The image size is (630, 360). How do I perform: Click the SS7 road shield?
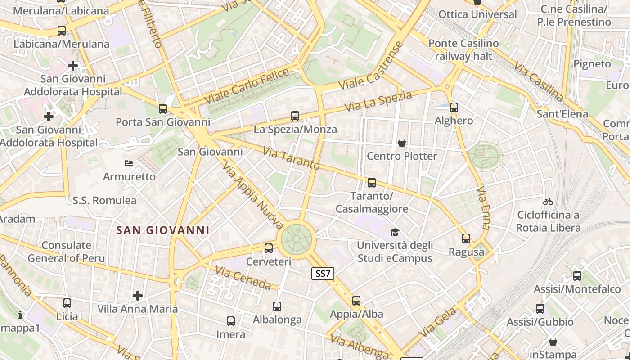pos(323,273)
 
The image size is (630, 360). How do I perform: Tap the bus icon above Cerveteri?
pos(269,248)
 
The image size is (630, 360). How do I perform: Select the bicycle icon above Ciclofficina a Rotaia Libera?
pos(548,202)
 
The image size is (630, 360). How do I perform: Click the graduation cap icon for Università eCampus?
pos(395,232)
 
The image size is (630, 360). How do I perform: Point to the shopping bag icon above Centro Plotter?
pos(402,143)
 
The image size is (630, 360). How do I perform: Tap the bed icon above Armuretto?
pos(129,163)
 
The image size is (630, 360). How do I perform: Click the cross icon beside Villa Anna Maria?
pos(138,296)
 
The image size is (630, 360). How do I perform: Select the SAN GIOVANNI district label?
pos(163,230)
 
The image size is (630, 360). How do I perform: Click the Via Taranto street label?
pos(292,159)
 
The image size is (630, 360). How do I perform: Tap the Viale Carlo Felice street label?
pos(246,86)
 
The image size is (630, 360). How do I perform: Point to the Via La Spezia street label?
pos(378,102)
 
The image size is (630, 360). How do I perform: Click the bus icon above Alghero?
pos(454,108)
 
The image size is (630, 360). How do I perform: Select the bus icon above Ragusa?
pos(466,238)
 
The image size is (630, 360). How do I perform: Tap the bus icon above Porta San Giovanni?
pos(163,109)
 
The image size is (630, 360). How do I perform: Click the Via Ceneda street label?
pos(243,278)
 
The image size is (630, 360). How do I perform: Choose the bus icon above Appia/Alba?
pos(356,300)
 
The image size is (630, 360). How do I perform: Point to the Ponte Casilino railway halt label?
pos(463,50)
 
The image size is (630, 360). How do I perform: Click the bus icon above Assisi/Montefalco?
pos(577,276)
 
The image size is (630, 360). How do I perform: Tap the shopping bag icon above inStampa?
pos(553,342)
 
